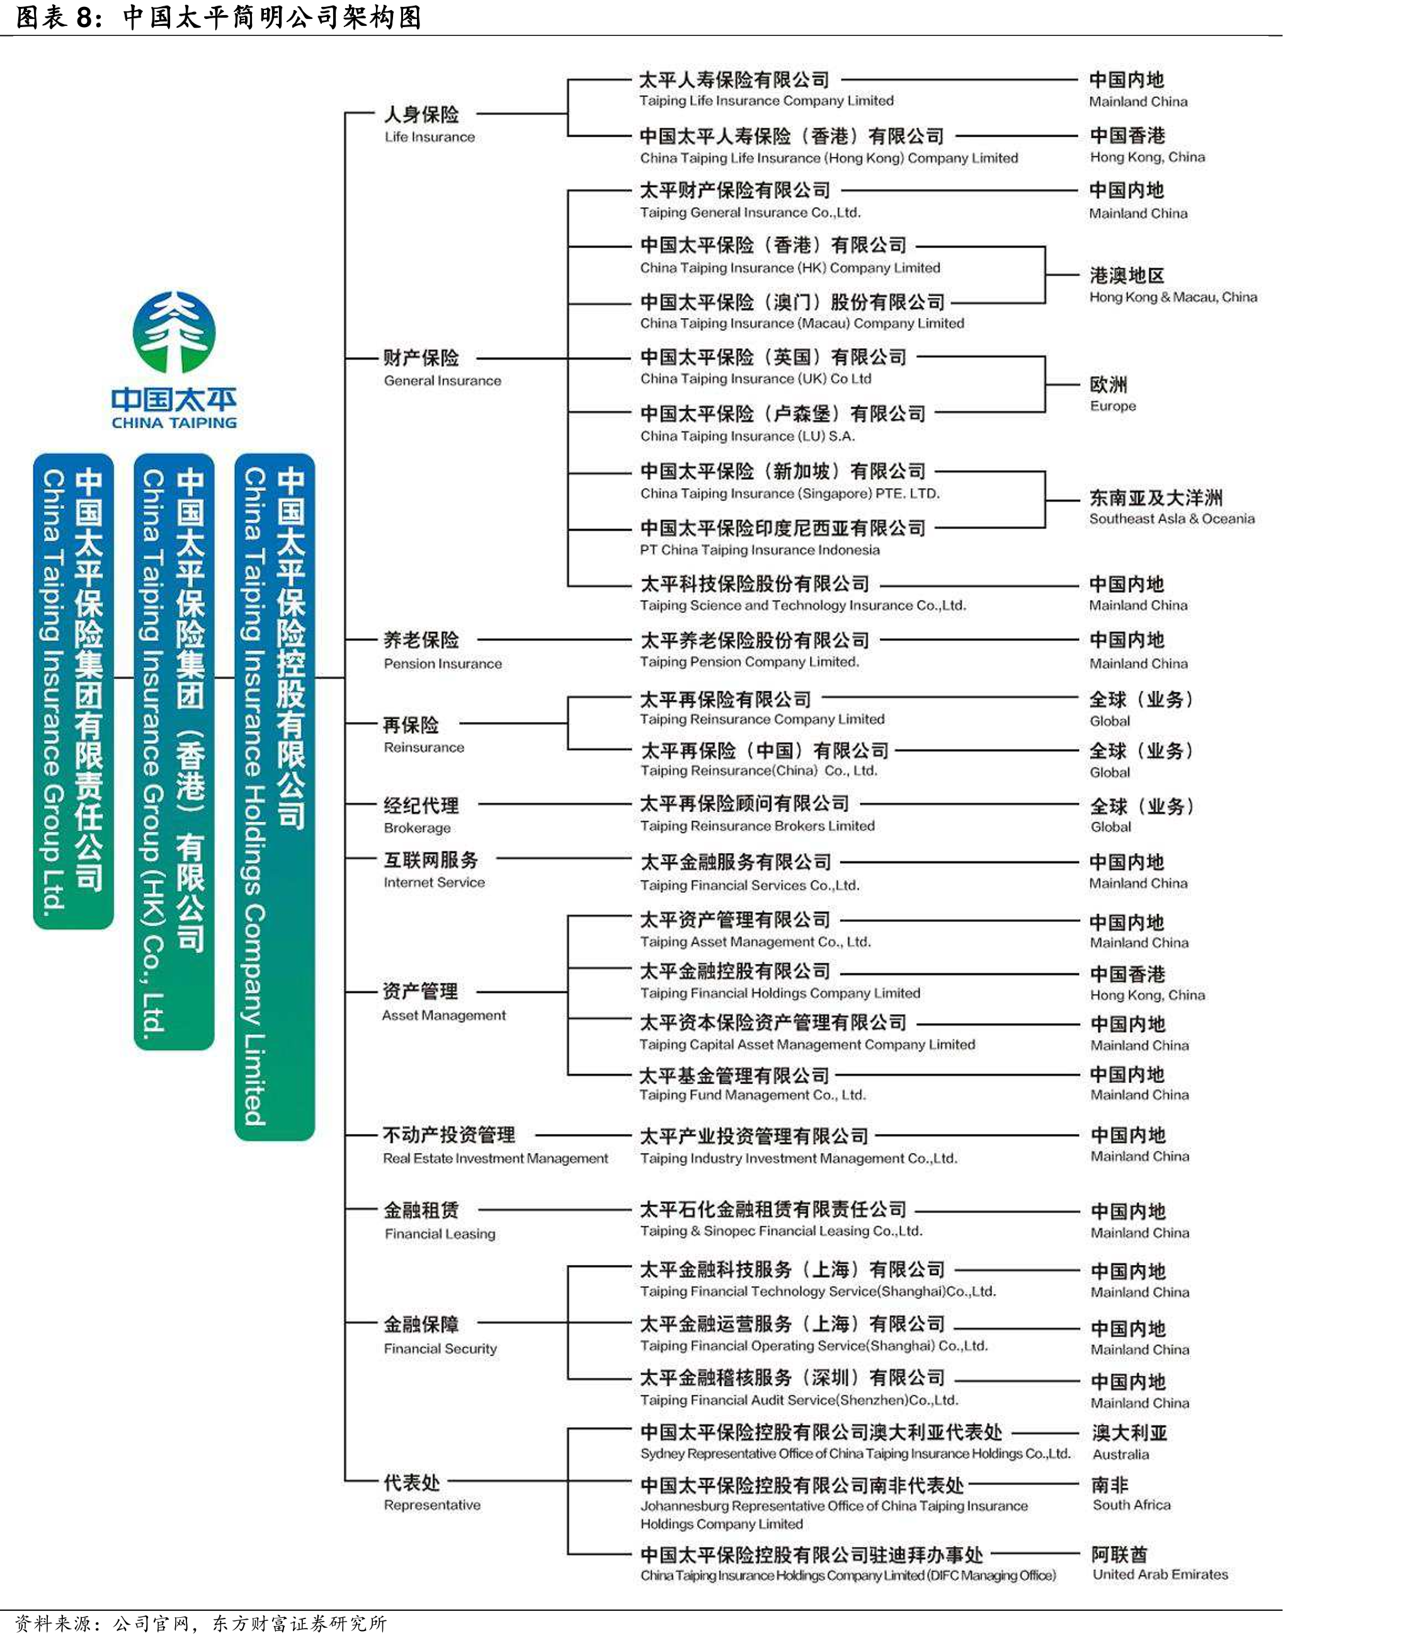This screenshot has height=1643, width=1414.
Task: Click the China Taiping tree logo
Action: tap(174, 331)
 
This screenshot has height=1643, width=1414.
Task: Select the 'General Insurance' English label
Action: tap(442, 381)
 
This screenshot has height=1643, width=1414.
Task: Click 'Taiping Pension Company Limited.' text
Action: tap(750, 661)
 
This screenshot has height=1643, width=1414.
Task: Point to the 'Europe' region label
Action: tap(1113, 406)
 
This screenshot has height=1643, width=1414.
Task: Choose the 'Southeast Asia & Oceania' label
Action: tap(1172, 518)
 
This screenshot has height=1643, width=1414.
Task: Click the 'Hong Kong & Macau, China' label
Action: tap(1173, 297)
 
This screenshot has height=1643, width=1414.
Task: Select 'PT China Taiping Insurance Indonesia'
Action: tap(760, 549)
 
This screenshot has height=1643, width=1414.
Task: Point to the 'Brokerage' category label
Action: tap(417, 828)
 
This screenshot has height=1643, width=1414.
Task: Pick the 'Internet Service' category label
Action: tap(433, 882)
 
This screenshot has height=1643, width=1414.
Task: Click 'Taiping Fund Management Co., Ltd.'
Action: tap(752, 1095)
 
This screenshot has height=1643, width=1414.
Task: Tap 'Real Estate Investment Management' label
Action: tap(496, 1158)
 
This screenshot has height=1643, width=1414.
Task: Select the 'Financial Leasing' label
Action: tap(440, 1234)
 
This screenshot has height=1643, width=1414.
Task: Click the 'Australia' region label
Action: tap(1120, 1454)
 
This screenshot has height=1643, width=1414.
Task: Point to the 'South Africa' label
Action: tap(1131, 1504)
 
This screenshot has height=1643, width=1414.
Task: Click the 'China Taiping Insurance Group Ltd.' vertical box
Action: tap(73, 690)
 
